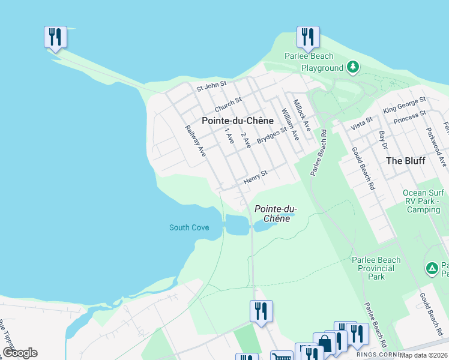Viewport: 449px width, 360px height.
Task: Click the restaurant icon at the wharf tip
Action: pos(55,37)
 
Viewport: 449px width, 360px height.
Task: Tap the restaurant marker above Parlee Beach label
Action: pos(307,37)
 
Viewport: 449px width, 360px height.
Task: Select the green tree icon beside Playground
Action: pos(354,67)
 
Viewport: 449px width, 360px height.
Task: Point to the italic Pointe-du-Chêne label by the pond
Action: pos(276,214)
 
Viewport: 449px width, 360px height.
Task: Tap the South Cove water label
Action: pos(189,227)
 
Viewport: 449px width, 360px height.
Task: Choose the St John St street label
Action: pos(212,87)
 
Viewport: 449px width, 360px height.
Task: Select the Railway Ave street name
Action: pos(196,141)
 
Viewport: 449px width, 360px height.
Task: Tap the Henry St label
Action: pos(255,177)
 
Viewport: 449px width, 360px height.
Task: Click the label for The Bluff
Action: pos(406,161)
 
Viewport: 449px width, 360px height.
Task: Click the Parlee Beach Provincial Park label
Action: pos(376,268)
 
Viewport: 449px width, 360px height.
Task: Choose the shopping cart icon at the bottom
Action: pos(281,356)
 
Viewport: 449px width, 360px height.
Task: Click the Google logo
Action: pos(20,353)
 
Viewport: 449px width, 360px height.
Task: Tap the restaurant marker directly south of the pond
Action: pos(261,311)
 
